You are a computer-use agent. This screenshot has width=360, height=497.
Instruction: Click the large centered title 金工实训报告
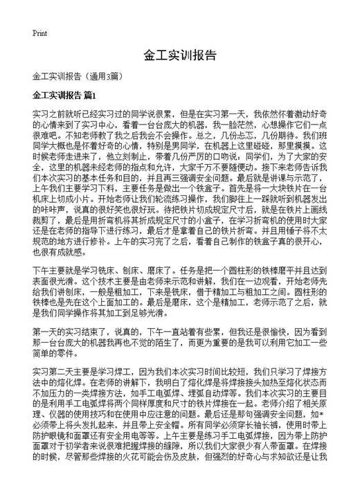(x=180, y=55)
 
